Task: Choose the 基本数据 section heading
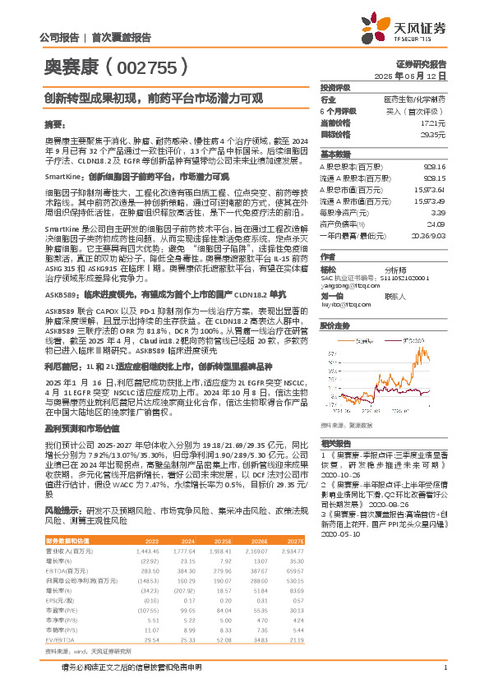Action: coord(335,155)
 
